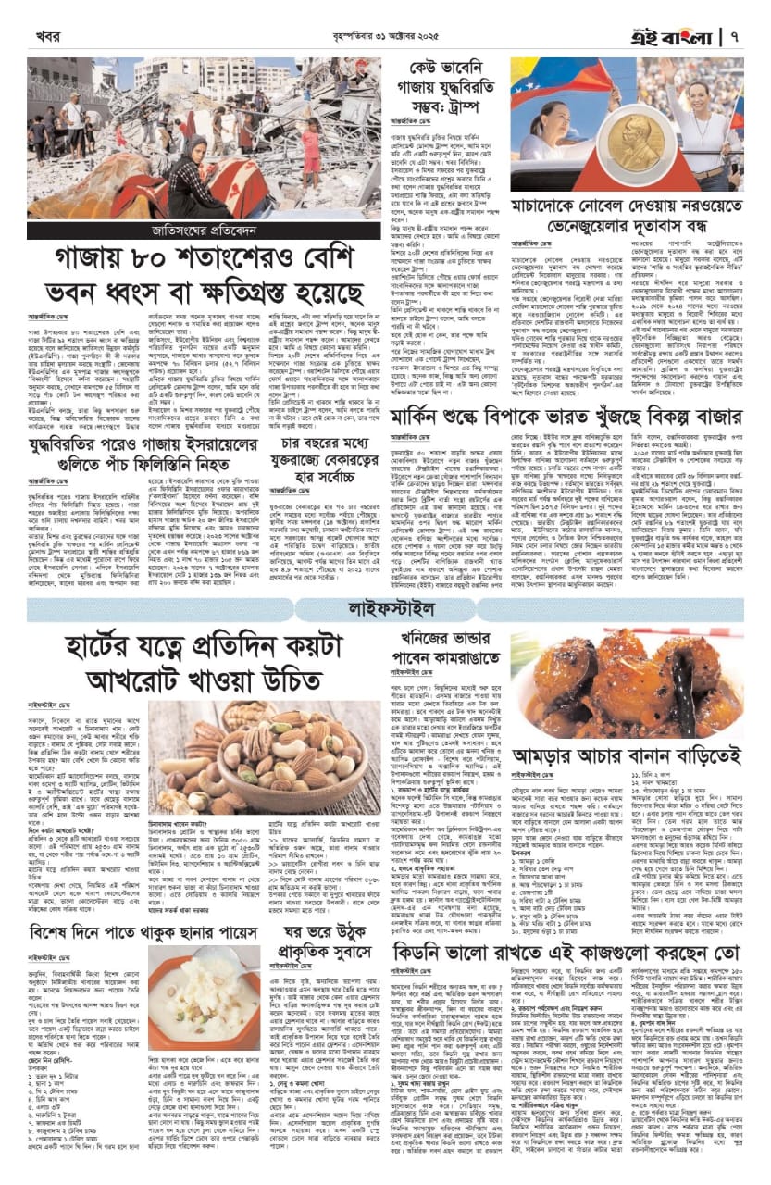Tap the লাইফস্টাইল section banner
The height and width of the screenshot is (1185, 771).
(385, 609)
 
